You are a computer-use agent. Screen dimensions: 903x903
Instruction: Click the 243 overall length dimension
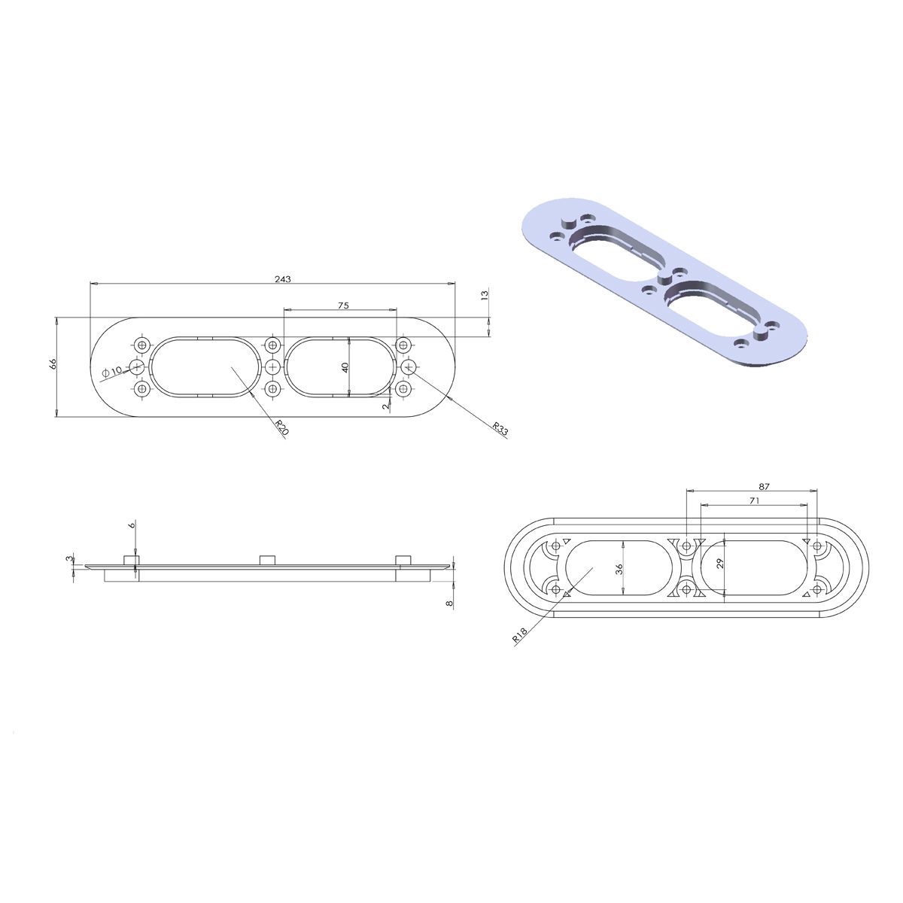coord(283,279)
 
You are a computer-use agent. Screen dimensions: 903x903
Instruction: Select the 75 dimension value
coord(343,305)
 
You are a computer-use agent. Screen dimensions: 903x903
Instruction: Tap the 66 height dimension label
coord(53,363)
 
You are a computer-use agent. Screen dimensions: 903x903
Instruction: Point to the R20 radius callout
coord(282,427)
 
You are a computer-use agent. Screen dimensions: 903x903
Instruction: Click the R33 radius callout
coord(500,429)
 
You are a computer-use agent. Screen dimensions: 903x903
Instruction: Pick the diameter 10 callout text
coord(111,371)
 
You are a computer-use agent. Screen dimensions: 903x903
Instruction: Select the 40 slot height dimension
coord(345,367)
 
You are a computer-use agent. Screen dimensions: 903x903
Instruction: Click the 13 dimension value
coord(485,295)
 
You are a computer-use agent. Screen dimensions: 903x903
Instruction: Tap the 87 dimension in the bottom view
coord(765,486)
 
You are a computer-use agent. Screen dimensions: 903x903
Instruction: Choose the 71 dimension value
coord(754,500)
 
